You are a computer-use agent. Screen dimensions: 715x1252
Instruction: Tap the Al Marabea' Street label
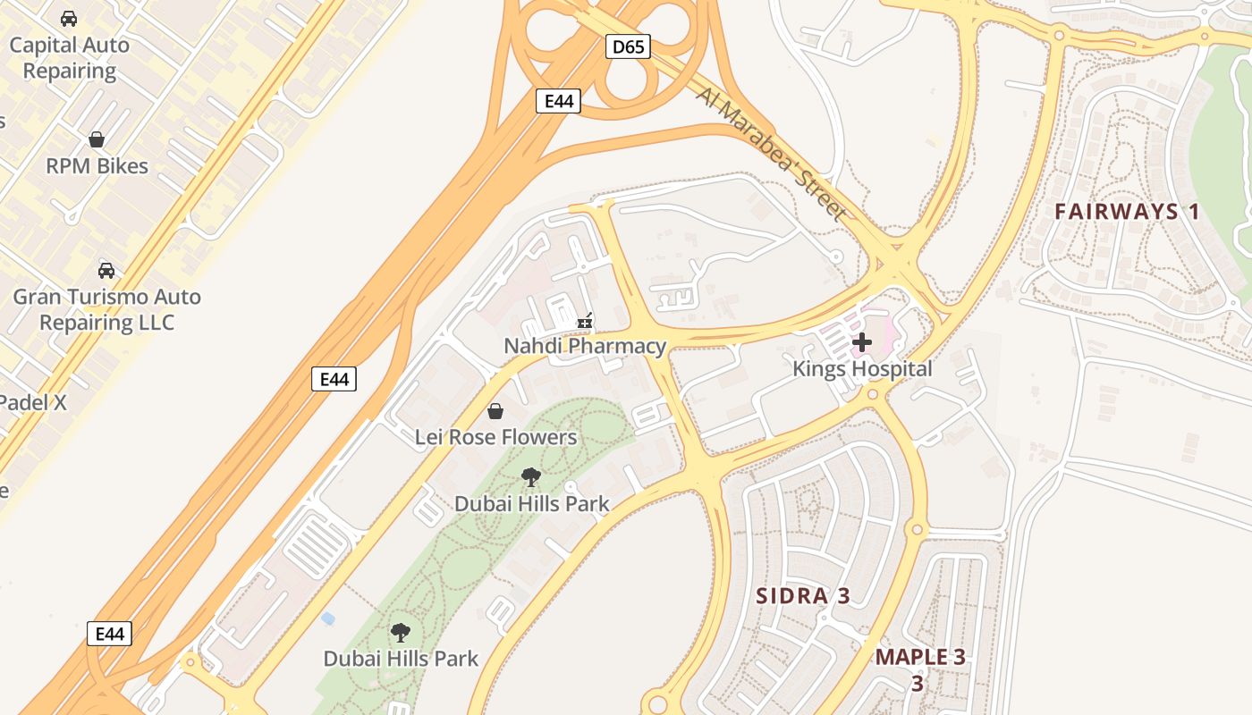tap(770, 154)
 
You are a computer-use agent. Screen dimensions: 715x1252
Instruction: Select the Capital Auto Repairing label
tap(69, 58)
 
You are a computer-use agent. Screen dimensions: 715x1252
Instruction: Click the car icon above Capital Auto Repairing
tap(69, 18)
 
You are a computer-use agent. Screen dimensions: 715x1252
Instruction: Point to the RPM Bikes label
tap(97, 166)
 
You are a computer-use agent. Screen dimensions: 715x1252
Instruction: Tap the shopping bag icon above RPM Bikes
tap(97, 139)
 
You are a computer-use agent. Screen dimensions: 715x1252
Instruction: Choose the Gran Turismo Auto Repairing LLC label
tap(106, 309)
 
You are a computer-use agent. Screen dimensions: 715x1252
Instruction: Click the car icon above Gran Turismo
tap(106, 270)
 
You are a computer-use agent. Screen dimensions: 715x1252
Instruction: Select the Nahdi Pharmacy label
tap(585, 346)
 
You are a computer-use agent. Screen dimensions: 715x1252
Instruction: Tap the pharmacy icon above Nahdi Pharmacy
tap(586, 320)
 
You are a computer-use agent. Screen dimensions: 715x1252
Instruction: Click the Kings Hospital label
tap(862, 368)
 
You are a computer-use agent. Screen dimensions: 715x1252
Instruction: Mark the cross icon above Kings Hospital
tap(862, 341)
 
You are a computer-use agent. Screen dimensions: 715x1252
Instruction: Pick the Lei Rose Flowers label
tap(495, 437)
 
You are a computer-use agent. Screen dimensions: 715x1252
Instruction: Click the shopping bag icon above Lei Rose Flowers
tap(495, 411)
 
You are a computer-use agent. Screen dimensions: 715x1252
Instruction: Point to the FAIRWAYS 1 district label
tap(1127, 212)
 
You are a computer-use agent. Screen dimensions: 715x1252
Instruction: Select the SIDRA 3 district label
tap(802, 596)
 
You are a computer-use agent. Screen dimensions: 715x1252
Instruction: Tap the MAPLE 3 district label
tap(920, 657)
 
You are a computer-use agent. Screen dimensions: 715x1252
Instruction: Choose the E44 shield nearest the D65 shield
tap(559, 101)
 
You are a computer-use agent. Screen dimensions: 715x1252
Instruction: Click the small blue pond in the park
tap(328, 618)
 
